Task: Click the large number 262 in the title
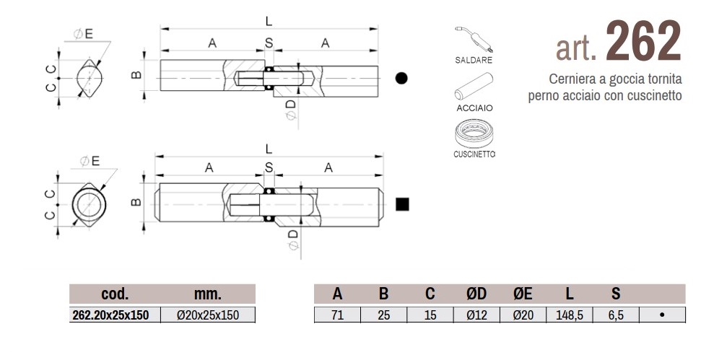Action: [x=643, y=42]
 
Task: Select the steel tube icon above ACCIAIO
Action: [x=473, y=86]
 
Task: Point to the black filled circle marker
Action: [x=402, y=78]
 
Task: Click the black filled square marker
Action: [x=402, y=204]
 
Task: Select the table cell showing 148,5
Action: [x=570, y=315]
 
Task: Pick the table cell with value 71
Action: [x=337, y=315]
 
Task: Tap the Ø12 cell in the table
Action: [x=476, y=315]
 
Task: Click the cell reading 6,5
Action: [x=616, y=315]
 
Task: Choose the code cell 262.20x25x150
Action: [x=116, y=315]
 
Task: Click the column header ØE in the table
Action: [x=523, y=294]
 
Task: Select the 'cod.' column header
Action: [x=116, y=294]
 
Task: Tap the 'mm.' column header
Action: [x=208, y=294]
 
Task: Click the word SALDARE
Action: [x=474, y=61]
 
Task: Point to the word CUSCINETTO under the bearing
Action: [x=474, y=154]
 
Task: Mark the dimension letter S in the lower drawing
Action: [x=269, y=167]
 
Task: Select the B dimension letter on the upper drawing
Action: [x=135, y=75]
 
